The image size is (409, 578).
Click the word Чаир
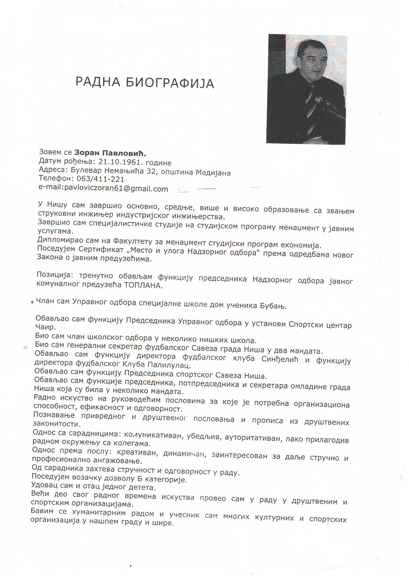(45, 327)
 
